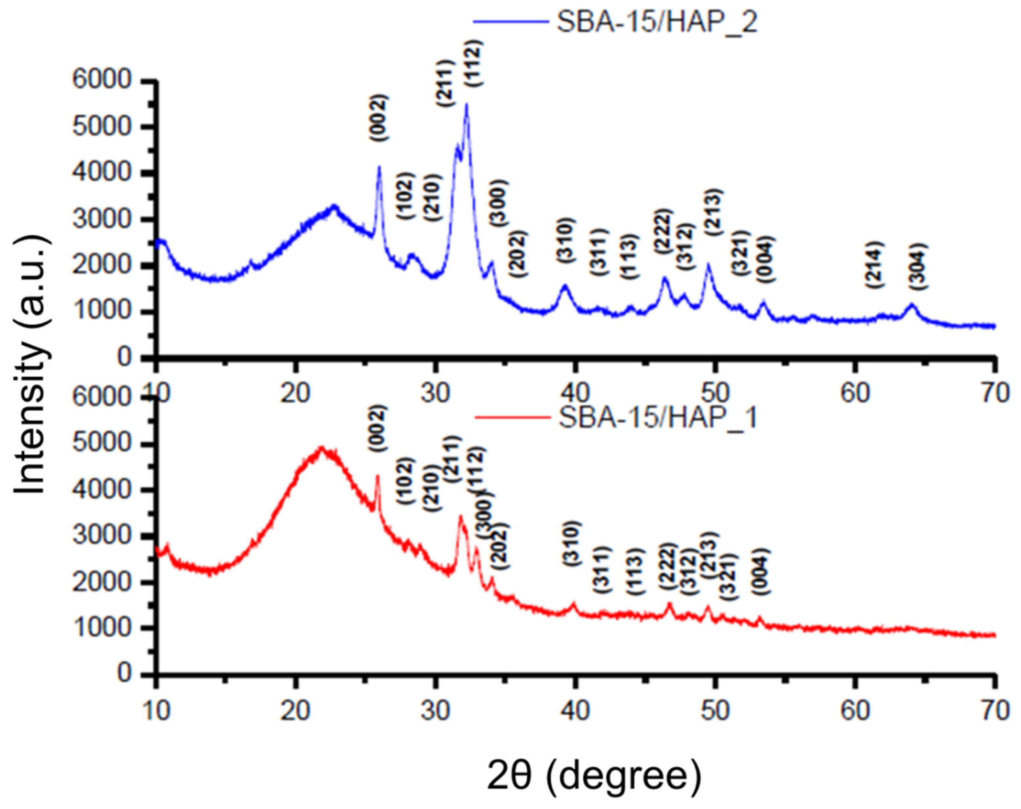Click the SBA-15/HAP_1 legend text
(658, 418)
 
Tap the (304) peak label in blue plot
(918, 267)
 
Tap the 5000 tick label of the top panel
(101, 127)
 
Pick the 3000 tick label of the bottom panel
(101, 536)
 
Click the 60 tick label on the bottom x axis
(856, 711)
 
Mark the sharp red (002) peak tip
(378, 476)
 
